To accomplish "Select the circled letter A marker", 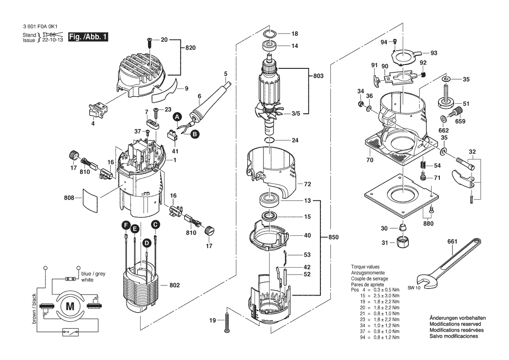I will pyautogui.click(x=177, y=117).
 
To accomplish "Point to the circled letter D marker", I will pyautogui.click(x=147, y=242).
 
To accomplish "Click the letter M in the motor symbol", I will pyautogui.click(x=70, y=306).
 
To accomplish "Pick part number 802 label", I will pyautogui.click(x=174, y=285).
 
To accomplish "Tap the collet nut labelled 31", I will pyautogui.click(x=401, y=242).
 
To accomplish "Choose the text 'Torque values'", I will pyautogui.click(x=365, y=267).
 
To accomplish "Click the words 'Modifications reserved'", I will pyautogui.click(x=455, y=324).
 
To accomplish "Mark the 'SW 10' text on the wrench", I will pyautogui.click(x=415, y=288).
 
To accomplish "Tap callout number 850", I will pyautogui.click(x=332, y=237).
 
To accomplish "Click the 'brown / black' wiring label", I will pyautogui.click(x=34, y=309).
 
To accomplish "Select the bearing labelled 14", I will pyautogui.click(x=270, y=45).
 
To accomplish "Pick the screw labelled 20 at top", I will pyautogui.click(x=149, y=41).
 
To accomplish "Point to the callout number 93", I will pyautogui.click(x=434, y=53).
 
